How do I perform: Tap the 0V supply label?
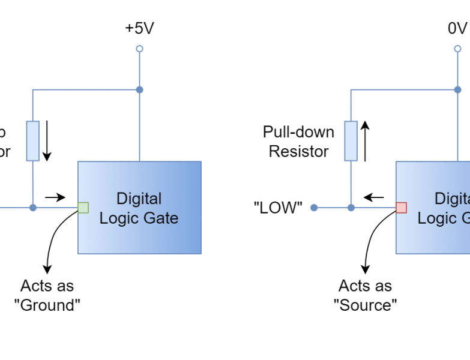[x=457, y=29]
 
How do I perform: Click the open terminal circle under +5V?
[x=139, y=49]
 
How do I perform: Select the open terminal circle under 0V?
[x=458, y=49]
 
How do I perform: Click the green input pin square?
[x=83, y=208]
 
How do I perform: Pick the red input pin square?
[x=401, y=208]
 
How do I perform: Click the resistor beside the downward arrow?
[x=32, y=140]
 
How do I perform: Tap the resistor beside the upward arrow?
[x=351, y=140]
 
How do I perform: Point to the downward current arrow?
[x=47, y=140]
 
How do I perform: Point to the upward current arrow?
[x=365, y=140]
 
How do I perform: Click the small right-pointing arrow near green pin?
[x=56, y=197]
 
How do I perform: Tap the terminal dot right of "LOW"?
[x=313, y=208]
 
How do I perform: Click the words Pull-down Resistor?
[x=298, y=142]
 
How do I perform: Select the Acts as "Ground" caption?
[x=47, y=295]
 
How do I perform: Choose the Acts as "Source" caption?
[x=365, y=295]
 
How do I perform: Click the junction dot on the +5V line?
[x=139, y=90]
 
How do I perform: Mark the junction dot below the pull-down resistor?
[x=351, y=208]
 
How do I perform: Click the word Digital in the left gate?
[x=139, y=199]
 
